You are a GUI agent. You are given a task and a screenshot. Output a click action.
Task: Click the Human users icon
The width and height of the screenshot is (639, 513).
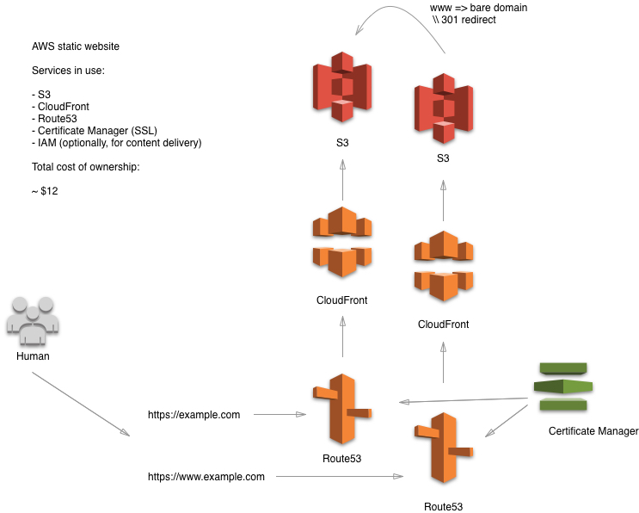(x=33, y=318)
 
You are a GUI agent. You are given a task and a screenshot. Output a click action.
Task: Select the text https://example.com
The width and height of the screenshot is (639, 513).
(x=194, y=415)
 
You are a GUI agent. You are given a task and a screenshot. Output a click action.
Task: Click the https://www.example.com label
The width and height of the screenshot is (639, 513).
(x=206, y=476)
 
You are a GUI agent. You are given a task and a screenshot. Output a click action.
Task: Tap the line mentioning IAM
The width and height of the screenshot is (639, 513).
(x=115, y=142)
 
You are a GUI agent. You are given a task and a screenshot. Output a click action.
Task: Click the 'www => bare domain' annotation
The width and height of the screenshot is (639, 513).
(x=478, y=7)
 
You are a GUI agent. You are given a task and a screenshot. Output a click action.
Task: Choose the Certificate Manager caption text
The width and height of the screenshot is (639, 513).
(x=593, y=431)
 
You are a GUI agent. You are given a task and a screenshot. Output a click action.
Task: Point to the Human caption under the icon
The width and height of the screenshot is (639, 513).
(x=33, y=355)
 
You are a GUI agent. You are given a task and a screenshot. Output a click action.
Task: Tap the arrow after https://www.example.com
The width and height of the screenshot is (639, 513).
(x=340, y=476)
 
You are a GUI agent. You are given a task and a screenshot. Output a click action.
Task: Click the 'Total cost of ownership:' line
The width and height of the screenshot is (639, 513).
(x=84, y=166)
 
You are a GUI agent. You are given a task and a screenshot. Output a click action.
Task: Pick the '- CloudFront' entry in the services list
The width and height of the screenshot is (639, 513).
(x=61, y=106)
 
